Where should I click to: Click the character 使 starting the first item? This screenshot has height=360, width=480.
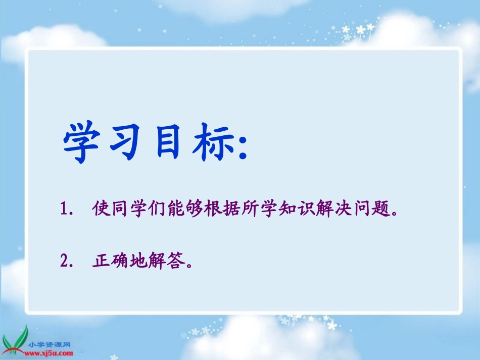(101, 209)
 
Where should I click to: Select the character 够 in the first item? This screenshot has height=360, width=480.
(190, 209)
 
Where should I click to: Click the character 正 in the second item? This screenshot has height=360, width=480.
(101, 261)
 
